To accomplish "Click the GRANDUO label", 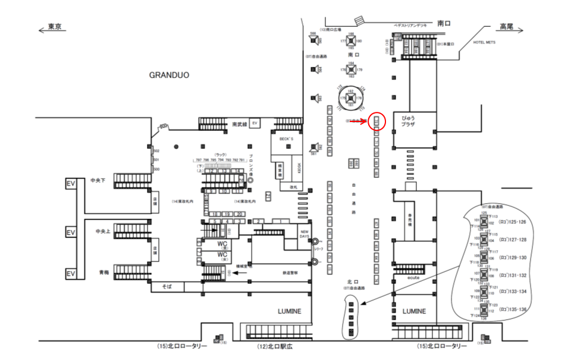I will pos(169,76).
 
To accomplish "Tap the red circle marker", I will pos(377,121).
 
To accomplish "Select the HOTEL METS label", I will pos(484,43).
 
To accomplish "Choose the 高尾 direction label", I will pos(506,27).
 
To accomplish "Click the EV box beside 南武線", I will pos(255,123).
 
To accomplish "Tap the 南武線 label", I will pos(239,124).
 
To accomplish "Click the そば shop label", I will pos(167,287).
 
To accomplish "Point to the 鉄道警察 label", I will pos(290,273).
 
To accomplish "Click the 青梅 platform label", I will pos(105,273).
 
